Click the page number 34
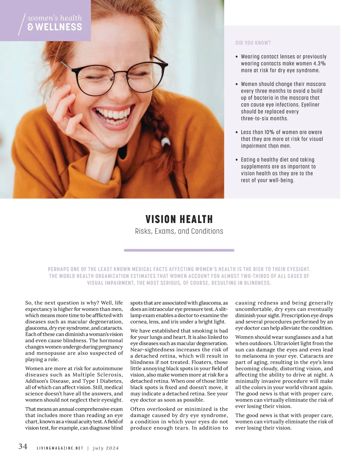[23, 446]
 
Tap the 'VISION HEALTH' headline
[179, 219]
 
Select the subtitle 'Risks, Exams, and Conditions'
[179, 231]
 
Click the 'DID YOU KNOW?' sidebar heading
[253, 43]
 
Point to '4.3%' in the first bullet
[319, 64]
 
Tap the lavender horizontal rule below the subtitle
[179, 250]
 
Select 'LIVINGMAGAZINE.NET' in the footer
[60, 448]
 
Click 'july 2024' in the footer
[106, 448]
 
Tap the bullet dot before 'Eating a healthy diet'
[237, 160]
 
